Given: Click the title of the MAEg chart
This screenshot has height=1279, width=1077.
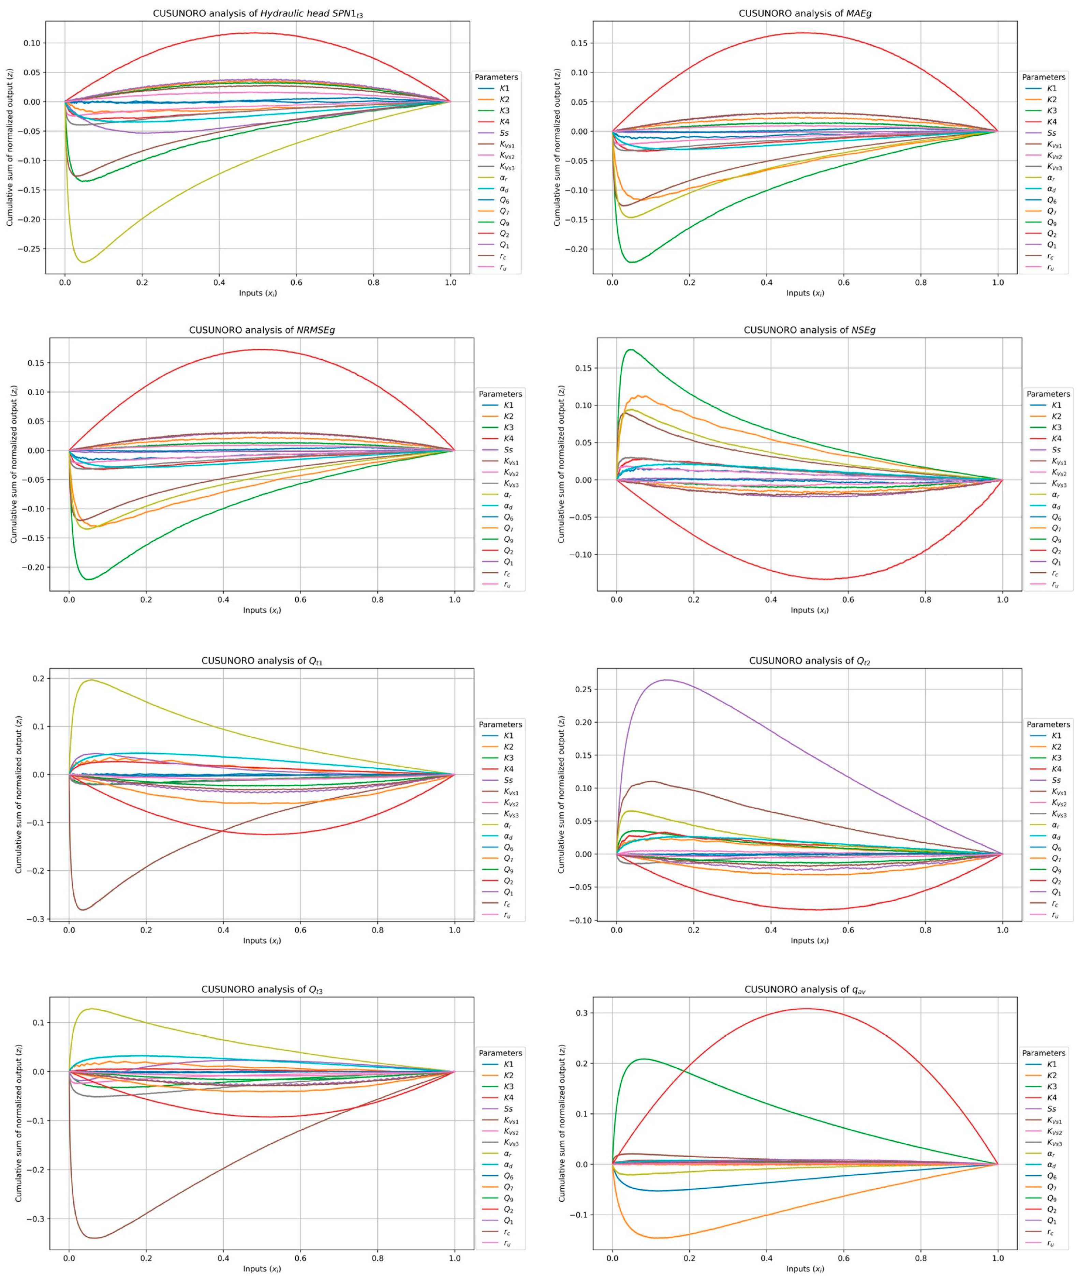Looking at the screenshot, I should pos(805,13).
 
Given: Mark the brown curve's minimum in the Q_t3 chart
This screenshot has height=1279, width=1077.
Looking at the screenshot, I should pos(94,1238).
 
